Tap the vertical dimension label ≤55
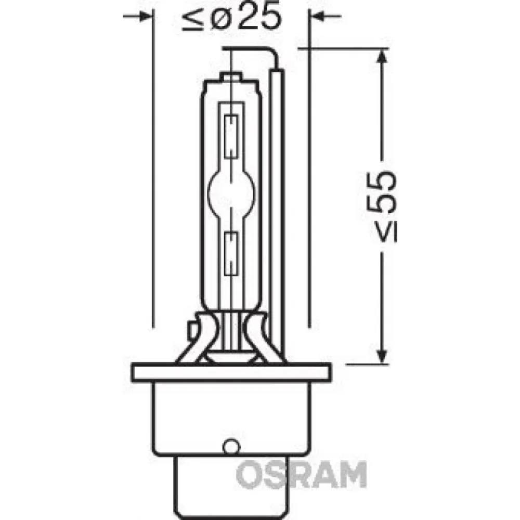[x=383, y=205]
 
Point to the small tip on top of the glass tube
[x=230, y=77]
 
